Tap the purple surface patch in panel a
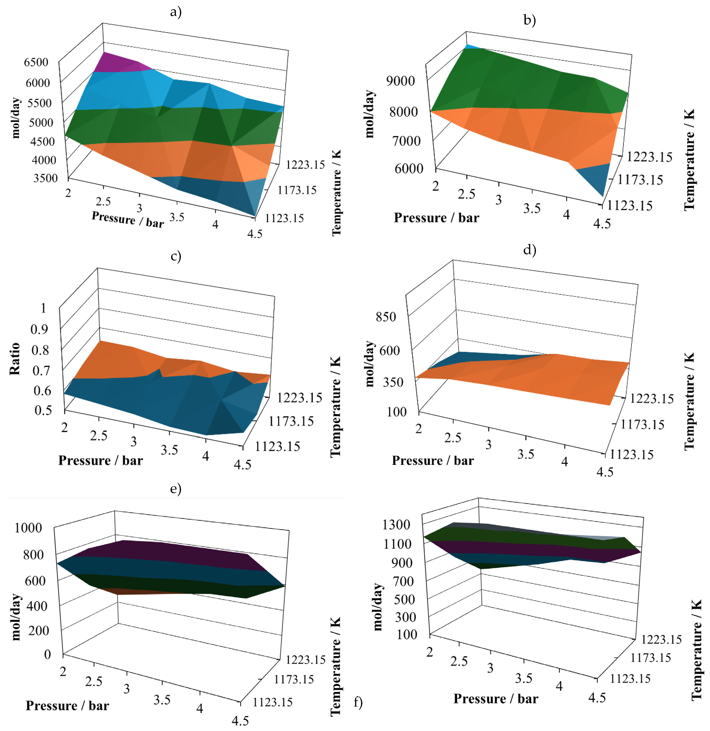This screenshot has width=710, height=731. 117,63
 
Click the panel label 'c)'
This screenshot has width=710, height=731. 176,257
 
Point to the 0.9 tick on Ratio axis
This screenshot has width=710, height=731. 39,329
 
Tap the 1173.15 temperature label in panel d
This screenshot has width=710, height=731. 642,424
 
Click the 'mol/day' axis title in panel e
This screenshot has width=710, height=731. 16,617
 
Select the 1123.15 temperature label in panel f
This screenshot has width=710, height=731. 630,678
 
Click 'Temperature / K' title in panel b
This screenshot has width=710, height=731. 689,160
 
